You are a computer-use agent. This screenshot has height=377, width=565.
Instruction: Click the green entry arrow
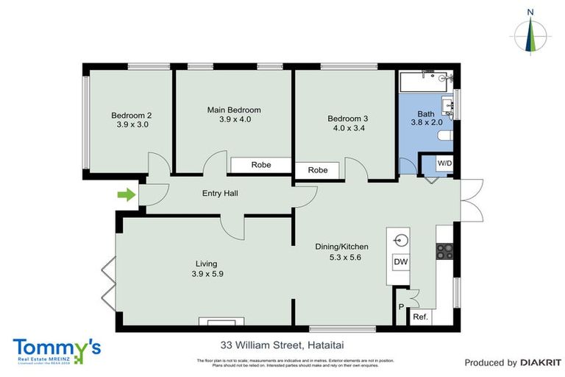[x=126, y=195]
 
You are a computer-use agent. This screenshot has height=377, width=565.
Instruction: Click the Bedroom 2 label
[x=132, y=115]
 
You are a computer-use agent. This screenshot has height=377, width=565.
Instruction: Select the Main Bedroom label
[x=235, y=110]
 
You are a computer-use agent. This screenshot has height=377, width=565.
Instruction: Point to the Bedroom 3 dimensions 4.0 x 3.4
[x=349, y=127]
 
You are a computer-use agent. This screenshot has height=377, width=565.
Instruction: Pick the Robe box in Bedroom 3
[x=317, y=170]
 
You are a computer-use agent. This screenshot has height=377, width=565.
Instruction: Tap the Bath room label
[x=426, y=114]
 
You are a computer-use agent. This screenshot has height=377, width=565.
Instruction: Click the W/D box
[x=444, y=163]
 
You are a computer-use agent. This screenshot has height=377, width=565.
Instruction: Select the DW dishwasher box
[x=400, y=262]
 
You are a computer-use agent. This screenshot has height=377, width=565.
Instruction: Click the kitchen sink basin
[x=400, y=239]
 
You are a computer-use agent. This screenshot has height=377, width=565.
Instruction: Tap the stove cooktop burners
[x=444, y=251]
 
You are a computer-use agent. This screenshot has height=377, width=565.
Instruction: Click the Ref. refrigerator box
[x=420, y=317]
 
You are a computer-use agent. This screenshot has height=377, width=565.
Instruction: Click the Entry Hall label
[x=220, y=193]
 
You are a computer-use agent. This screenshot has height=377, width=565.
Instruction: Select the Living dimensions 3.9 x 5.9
[x=206, y=274]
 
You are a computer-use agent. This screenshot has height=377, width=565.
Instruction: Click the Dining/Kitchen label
[x=343, y=247]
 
